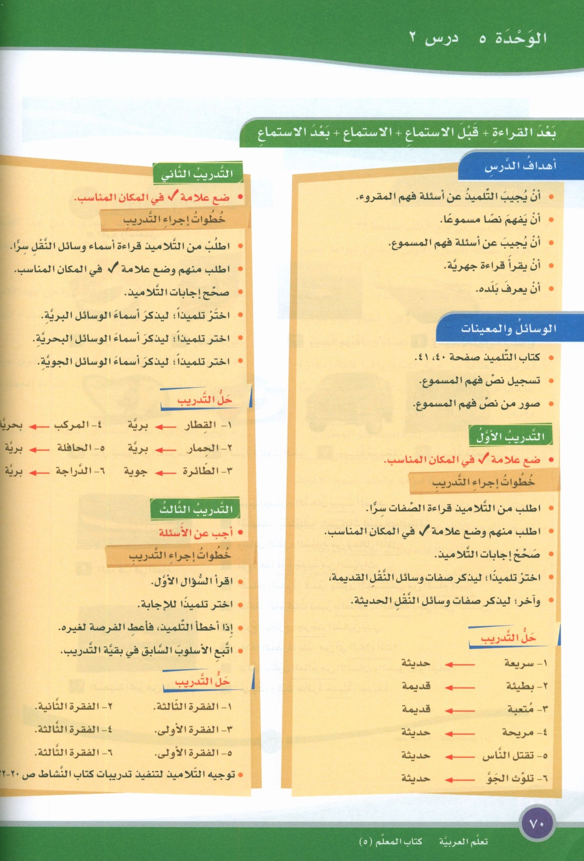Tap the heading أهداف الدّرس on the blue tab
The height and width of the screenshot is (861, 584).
click(520, 166)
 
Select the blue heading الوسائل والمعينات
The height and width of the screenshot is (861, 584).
click(508, 329)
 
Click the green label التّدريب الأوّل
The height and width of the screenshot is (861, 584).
click(510, 437)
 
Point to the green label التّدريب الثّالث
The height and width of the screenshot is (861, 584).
click(196, 509)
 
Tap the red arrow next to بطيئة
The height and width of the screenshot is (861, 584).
click(460, 687)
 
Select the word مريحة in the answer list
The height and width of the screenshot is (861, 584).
click(518, 732)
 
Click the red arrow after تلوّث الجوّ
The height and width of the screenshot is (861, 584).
click(460, 779)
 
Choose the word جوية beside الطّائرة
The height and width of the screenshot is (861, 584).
click(136, 472)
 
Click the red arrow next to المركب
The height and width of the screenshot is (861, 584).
click(39, 426)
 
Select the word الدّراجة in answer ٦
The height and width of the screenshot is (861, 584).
click(73, 471)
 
